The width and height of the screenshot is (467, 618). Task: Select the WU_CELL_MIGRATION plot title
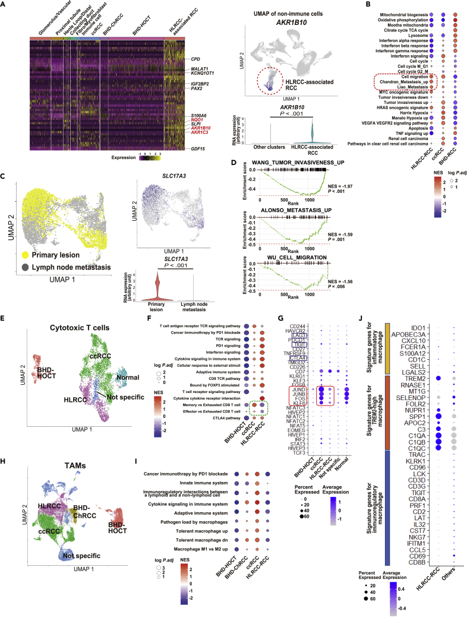[x=289, y=258]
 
